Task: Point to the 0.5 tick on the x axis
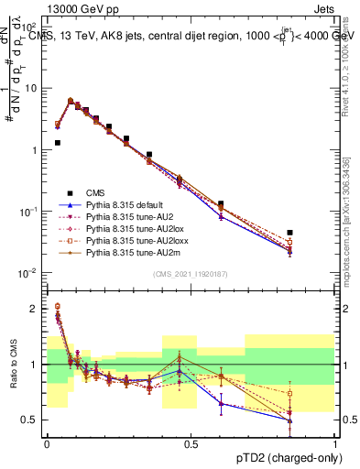[x=191, y=443]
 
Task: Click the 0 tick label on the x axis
[x=46, y=443]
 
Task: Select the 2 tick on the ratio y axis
[x=37, y=309]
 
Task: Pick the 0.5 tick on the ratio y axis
[x=33, y=420]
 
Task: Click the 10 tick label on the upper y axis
[x=32, y=89]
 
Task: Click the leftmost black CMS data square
[x=57, y=143]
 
